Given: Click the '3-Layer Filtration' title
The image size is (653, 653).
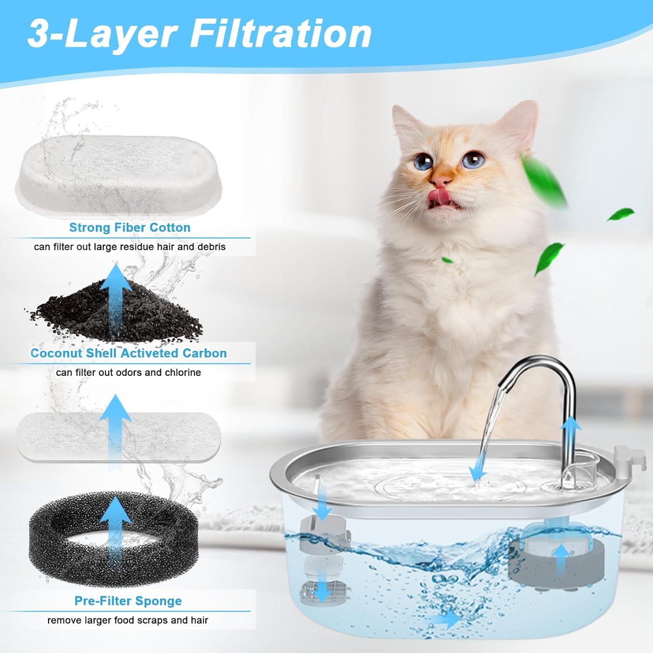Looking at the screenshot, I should (199, 35).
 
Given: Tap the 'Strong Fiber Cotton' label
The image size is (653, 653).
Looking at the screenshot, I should (130, 228).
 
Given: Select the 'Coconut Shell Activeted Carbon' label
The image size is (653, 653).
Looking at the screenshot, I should (128, 353).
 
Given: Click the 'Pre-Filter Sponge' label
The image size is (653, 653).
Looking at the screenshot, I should (128, 601).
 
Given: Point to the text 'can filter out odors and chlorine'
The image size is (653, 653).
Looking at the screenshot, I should (128, 373).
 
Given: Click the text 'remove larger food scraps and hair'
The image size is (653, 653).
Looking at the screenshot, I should (128, 620).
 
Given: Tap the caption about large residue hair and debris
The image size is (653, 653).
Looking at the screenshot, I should (130, 247).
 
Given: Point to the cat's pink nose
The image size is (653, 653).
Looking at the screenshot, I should (440, 180).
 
